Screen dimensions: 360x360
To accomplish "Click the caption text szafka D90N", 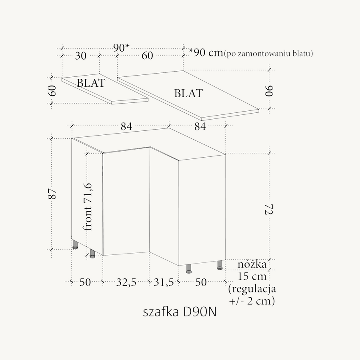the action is coord(180,312).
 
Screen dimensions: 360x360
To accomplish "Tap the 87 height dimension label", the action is coord(53,194).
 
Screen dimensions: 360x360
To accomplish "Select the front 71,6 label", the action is coord(88,207).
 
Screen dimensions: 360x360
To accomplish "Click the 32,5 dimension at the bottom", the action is coord(126,282).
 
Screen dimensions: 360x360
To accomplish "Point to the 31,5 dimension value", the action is coord(164,282).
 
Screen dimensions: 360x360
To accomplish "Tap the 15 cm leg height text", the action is coord(252,276).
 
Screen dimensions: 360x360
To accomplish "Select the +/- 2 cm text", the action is coord(252,301).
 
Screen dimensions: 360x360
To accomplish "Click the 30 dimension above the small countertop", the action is coord(80,56).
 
